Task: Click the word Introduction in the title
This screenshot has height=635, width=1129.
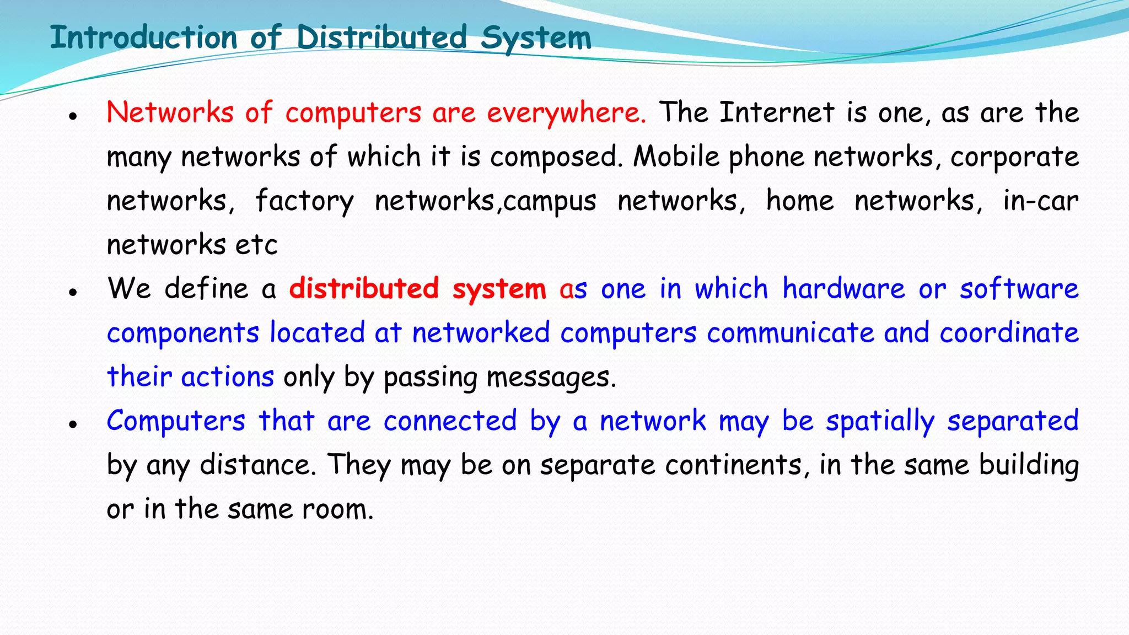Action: pos(143,37)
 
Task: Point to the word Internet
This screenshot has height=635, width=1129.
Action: pos(777,113)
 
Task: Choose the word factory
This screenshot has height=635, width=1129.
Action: pos(304,202)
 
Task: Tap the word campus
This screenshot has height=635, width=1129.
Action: pos(550,202)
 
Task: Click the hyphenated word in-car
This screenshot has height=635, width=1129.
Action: pos(1040,201)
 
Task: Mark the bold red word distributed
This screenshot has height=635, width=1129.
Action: pos(364,289)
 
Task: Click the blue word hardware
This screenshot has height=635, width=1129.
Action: pos(843,289)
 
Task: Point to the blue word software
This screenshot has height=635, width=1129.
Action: pos(1019,289)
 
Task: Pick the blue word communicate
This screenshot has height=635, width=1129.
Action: pos(791,333)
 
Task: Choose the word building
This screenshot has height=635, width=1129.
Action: pos(1029,465)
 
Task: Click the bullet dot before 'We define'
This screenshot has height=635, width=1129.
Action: pos(72,292)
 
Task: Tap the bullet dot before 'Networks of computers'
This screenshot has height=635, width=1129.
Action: pos(72,116)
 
